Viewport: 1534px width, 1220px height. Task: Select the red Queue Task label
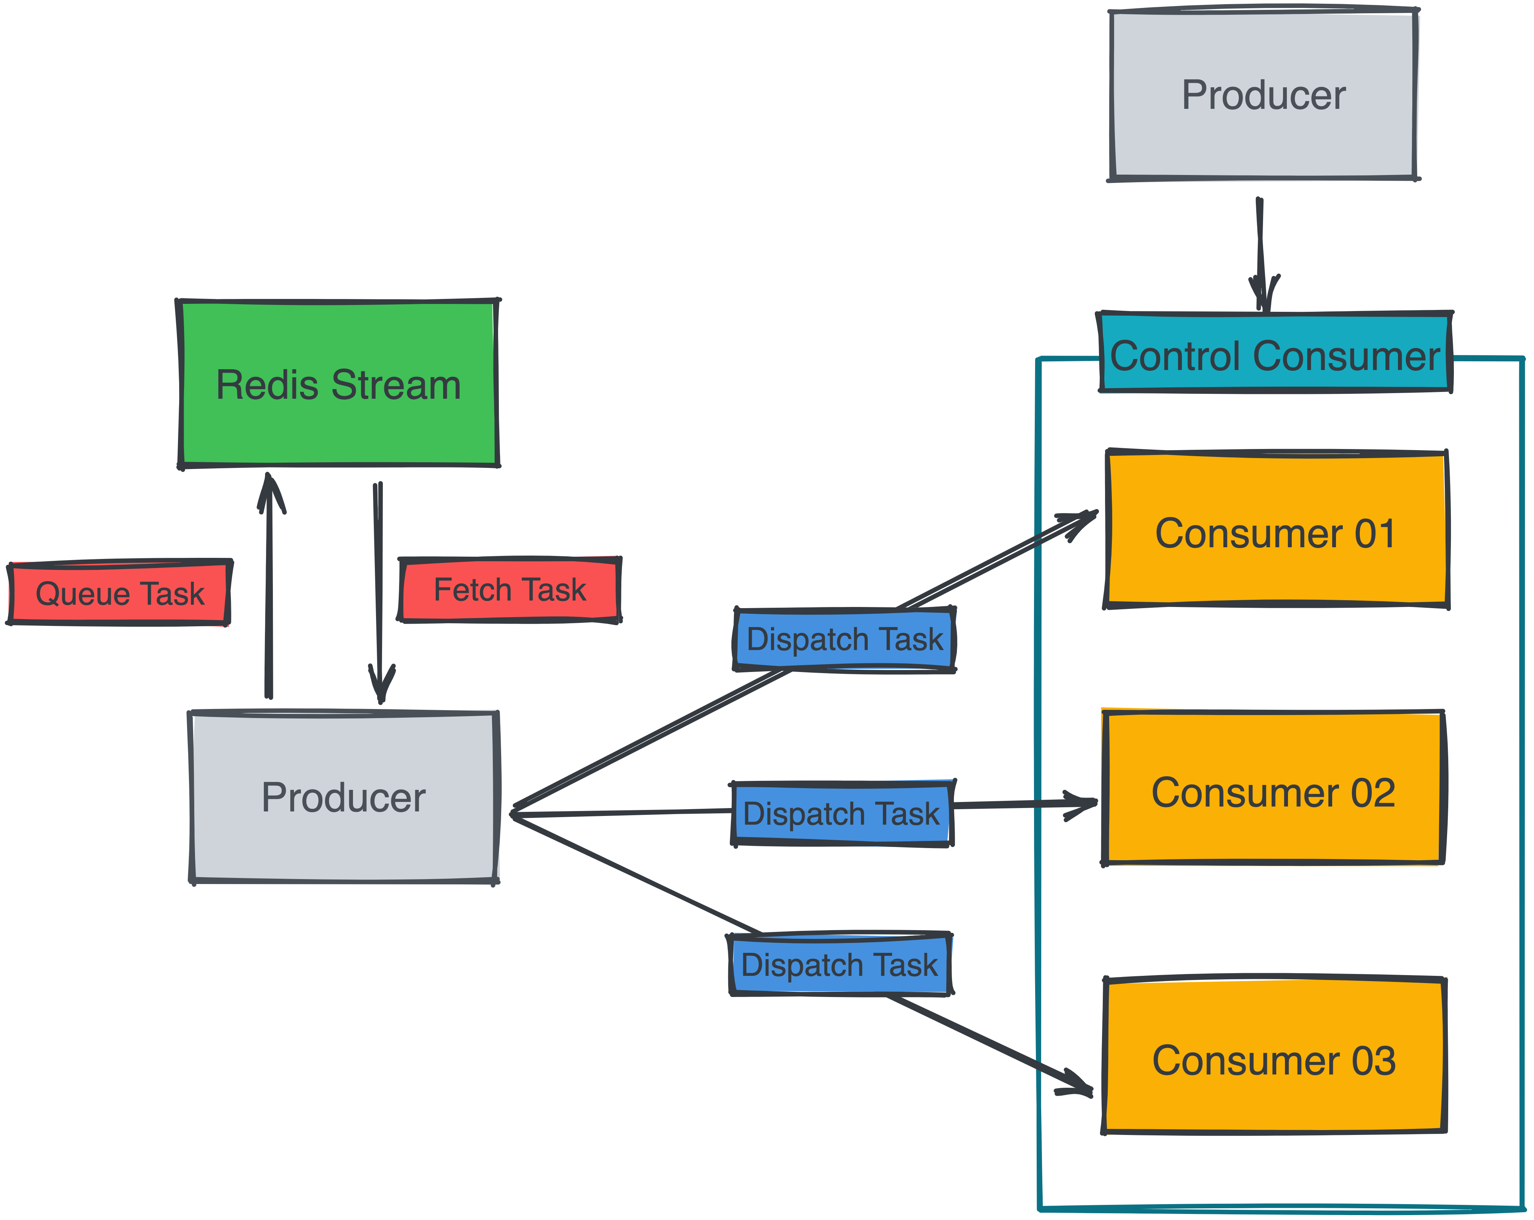[x=119, y=593]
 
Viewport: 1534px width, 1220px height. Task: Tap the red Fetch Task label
[x=509, y=590]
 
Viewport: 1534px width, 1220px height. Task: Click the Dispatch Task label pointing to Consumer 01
[x=845, y=639]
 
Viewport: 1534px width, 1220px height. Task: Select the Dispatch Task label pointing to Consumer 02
[x=842, y=813]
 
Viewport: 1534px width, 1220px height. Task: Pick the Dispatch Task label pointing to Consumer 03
[x=840, y=965]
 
